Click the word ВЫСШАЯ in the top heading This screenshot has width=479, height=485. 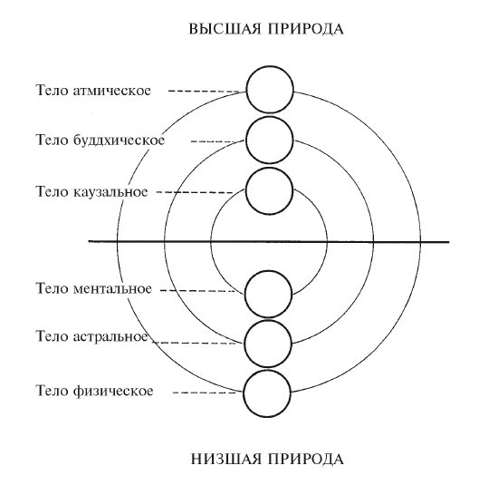pyautogui.click(x=225, y=29)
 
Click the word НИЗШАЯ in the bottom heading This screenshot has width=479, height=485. pyautogui.click(x=225, y=459)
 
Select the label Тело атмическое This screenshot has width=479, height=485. pyautogui.click(x=93, y=91)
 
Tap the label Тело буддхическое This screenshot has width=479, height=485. pyautogui.click(x=101, y=141)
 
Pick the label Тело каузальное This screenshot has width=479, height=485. pyautogui.click(x=92, y=192)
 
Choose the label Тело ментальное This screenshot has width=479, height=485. pyautogui.click(x=94, y=288)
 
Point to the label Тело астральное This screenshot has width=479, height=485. pyautogui.click(x=92, y=336)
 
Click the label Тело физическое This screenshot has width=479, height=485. pyautogui.click(x=94, y=391)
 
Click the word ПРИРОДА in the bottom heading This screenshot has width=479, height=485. pyautogui.click(x=305, y=459)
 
